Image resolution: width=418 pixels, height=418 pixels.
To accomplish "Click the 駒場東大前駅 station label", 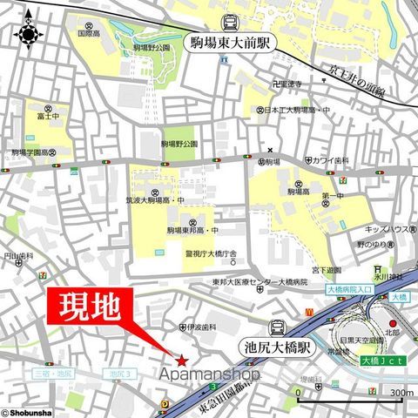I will [231, 40].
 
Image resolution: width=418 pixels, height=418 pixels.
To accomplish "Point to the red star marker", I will [181, 361].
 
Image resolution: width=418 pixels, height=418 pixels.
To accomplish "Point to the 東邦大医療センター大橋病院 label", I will [259, 282].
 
